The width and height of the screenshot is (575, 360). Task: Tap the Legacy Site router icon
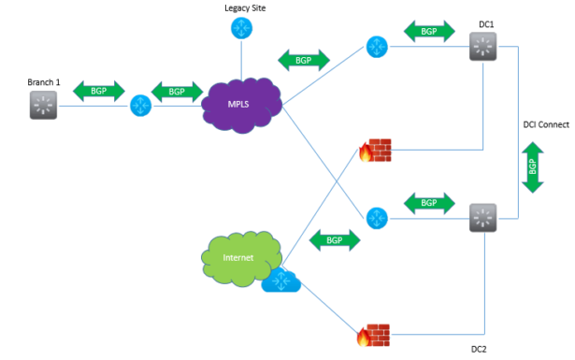pyautogui.click(x=241, y=29)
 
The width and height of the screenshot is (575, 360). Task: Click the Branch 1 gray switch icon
pyautogui.click(x=43, y=106)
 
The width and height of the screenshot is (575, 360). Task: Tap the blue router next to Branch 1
pyautogui.click(x=141, y=105)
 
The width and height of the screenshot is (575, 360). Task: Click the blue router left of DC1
pyautogui.click(x=377, y=46)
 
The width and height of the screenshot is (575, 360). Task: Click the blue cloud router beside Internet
pyautogui.click(x=280, y=280)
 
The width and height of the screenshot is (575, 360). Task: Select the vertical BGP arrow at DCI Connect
pyautogui.click(x=532, y=167)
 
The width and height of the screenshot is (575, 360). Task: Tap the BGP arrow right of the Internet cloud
pyautogui.click(x=334, y=239)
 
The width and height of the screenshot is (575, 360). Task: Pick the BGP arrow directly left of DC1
pyautogui.click(x=429, y=31)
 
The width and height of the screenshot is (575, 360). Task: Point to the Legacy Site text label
pyautogui.click(x=244, y=7)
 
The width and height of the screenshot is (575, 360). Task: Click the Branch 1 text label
pyautogui.click(x=43, y=82)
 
